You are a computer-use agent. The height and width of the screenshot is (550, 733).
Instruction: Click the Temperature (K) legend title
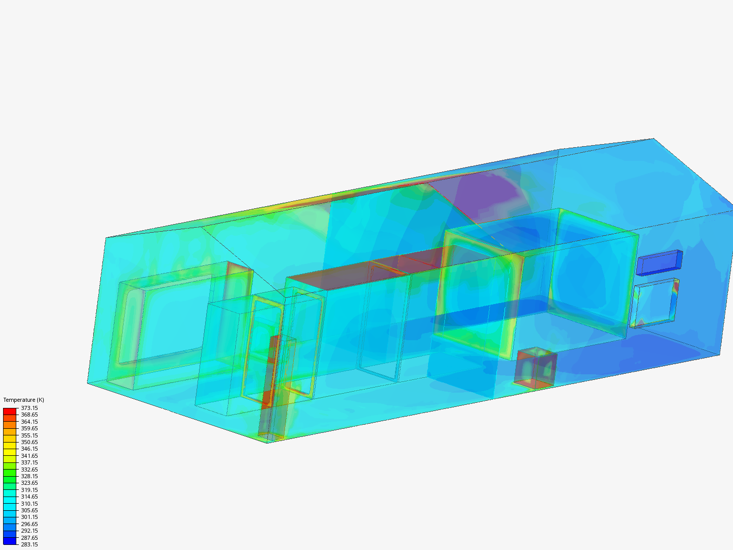(23, 400)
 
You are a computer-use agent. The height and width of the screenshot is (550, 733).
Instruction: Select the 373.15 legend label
(29, 408)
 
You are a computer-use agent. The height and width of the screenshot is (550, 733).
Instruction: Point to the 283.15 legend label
(29, 544)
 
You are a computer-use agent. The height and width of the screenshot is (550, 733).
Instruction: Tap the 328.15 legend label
(29, 476)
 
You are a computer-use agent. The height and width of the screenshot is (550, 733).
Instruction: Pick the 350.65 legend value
(29, 442)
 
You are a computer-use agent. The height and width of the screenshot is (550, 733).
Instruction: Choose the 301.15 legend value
(29, 517)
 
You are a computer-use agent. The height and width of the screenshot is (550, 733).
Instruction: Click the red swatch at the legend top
(10, 411)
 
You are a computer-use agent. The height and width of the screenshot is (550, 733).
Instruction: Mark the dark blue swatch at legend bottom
(10, 541)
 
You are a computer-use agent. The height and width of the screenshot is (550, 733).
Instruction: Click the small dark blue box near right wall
(659, 262)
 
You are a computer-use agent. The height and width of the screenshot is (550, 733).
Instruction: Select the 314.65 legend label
(29, 497)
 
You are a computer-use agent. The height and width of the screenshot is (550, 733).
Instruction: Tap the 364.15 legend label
(29, 422)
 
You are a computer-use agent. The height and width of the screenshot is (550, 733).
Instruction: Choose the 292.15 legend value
(29, 531)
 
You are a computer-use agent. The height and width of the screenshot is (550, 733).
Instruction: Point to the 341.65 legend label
(29, 456)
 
